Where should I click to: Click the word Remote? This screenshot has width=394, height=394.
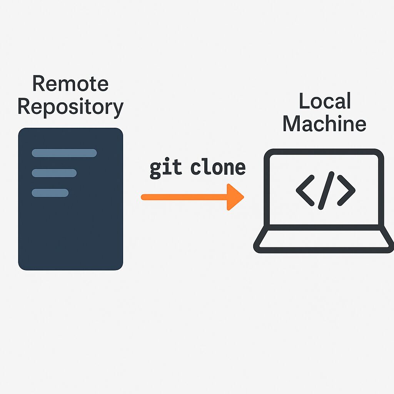[70, 83]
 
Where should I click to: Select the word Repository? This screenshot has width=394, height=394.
[70, 107]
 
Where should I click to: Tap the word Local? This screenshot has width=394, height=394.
[324, 101]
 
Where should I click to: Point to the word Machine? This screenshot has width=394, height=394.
[324, 124]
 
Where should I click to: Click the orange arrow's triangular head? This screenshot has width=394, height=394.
[234, 197]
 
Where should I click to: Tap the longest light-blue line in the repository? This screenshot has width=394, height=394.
[64, 153]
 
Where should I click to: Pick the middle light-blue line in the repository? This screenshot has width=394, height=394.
[54, 173]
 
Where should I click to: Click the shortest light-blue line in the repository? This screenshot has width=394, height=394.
[50, 192]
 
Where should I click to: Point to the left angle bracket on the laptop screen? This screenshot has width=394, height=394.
[305, 190]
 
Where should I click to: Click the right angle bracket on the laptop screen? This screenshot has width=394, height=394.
[346, 190]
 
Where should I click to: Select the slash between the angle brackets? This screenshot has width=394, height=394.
[326, 190]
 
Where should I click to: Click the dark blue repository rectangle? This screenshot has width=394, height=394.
[70, 231]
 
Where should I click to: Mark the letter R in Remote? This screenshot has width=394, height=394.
[38, 83]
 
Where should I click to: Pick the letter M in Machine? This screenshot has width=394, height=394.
[291, 124]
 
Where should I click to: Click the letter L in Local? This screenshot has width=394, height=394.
[304, 101]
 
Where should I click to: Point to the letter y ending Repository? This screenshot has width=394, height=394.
[117, 109]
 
